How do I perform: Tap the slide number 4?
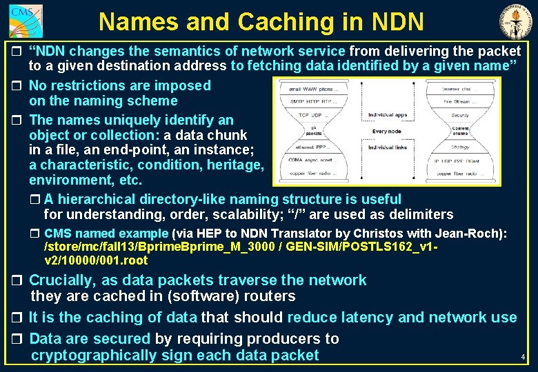pos(523,358)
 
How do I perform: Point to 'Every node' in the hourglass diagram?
pos(386,131)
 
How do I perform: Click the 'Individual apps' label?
pos(388,114)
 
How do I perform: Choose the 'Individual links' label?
pos(388,147)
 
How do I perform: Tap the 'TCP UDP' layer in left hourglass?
pos(312,114)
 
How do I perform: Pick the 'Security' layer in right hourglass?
pos(460,115)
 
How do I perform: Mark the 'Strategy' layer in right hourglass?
pos(460,147)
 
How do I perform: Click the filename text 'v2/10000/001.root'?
pos(95,260)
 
